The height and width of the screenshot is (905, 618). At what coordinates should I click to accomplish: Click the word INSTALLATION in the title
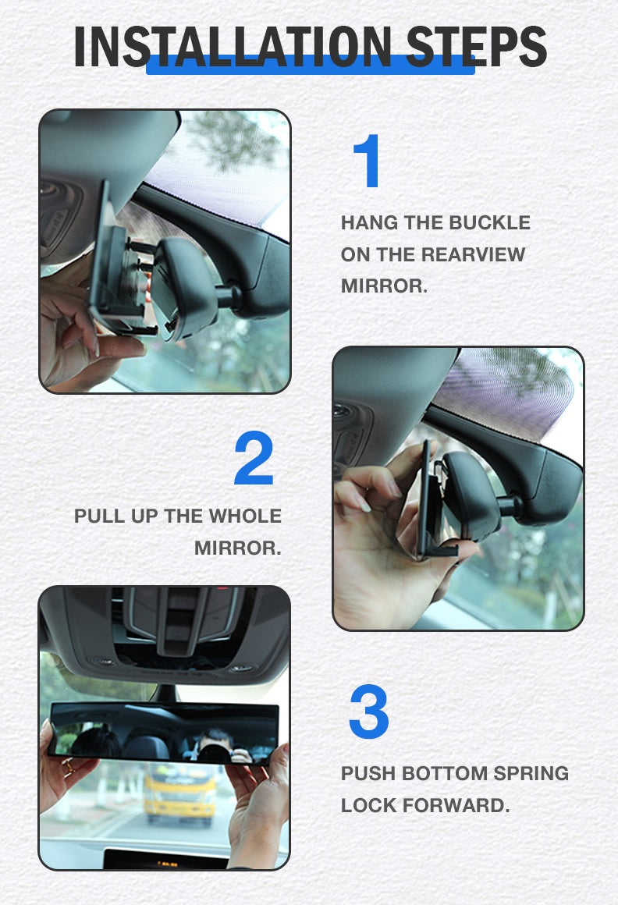pyautogui.click(x=233, y=46)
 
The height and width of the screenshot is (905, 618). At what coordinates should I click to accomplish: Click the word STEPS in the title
pyautogui.click(x=477, y=46)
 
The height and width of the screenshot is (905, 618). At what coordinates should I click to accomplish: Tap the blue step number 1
pyautogui.click(x=367, y=161)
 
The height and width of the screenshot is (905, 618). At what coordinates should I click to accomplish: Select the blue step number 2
pyautogui.click(x=254, y=458)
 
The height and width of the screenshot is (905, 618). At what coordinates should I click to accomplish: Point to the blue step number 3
pyautogui.click(x=369, y=712)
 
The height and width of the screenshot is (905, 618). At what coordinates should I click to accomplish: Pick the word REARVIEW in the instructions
pyautogui.click(x=473, y=254)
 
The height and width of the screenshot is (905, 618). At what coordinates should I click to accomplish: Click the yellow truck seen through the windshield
pyautogui.click(x=180, y=794)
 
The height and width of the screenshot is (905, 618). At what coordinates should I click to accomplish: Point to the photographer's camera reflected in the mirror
pyautogui.click(x=214, y=753)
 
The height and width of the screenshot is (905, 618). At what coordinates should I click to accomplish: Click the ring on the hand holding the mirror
pyautogui.click(x=68, y=767)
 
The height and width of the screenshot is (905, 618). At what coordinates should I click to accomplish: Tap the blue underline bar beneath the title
pyautogui.click(x=311, y=64)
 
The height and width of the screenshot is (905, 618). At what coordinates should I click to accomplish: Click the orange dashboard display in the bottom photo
pyautogui.click(x=167, y=864)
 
